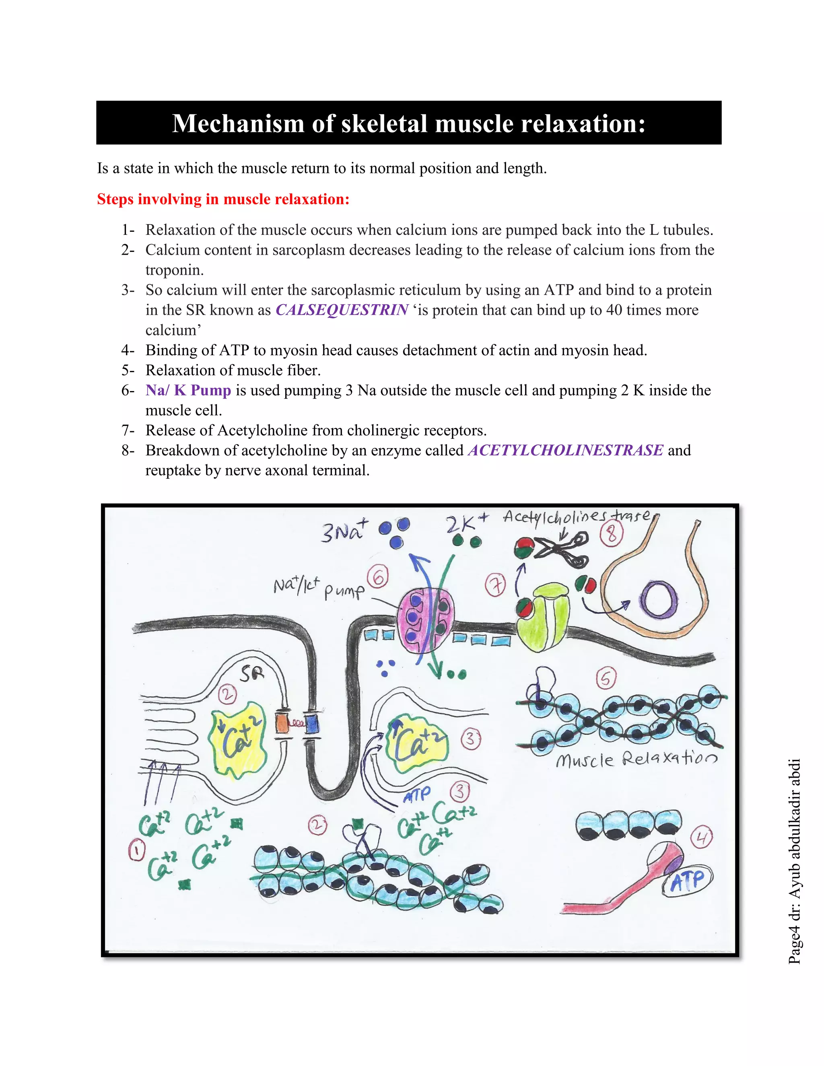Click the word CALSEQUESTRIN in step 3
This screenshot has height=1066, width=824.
coord(342,310)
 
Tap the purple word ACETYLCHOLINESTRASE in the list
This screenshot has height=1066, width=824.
coord(565,450)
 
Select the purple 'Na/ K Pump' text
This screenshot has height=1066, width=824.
coord(188,390)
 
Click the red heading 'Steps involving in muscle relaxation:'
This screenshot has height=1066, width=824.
coord(223,199)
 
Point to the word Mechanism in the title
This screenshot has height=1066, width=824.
coord(238,123)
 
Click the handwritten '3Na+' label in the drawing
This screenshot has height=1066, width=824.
coord(343,531)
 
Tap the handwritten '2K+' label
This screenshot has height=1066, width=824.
coord(466,523)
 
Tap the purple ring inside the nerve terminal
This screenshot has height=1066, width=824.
coord(659,599)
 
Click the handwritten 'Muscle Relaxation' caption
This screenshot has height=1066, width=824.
coord(637,759)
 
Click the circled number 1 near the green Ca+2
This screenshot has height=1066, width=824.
coord(137,850)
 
